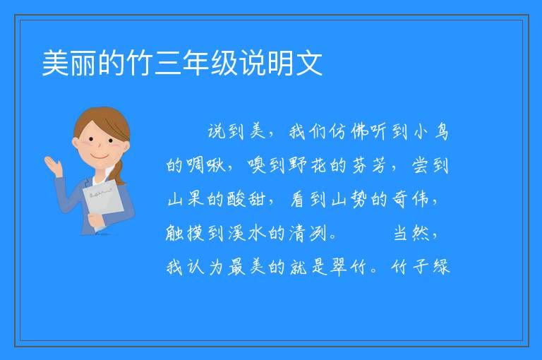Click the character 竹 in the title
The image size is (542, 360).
click(x=140, y=63)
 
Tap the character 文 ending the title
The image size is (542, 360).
click(x=309, y=63)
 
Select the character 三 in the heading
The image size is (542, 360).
click(x=169, y=63)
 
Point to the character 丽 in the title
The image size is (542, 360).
click(x=84, y=63)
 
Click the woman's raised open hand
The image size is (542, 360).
click(x=53, y=166)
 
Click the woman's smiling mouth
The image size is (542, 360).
click(x=100, y=157)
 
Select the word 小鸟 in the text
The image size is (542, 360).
click(x=431, y=132)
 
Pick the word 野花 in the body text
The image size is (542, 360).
click(x=308, y=165)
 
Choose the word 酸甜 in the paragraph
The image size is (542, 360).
click(x=247, y=199)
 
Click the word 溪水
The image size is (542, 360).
click(x=247, y=233)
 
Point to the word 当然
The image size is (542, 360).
click(x=411, y=233)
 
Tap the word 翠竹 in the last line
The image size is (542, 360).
click(x=348, y=267)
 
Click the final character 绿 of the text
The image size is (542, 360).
click(x=441, y=267)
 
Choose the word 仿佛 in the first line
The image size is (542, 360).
click(x=348, y=132)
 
